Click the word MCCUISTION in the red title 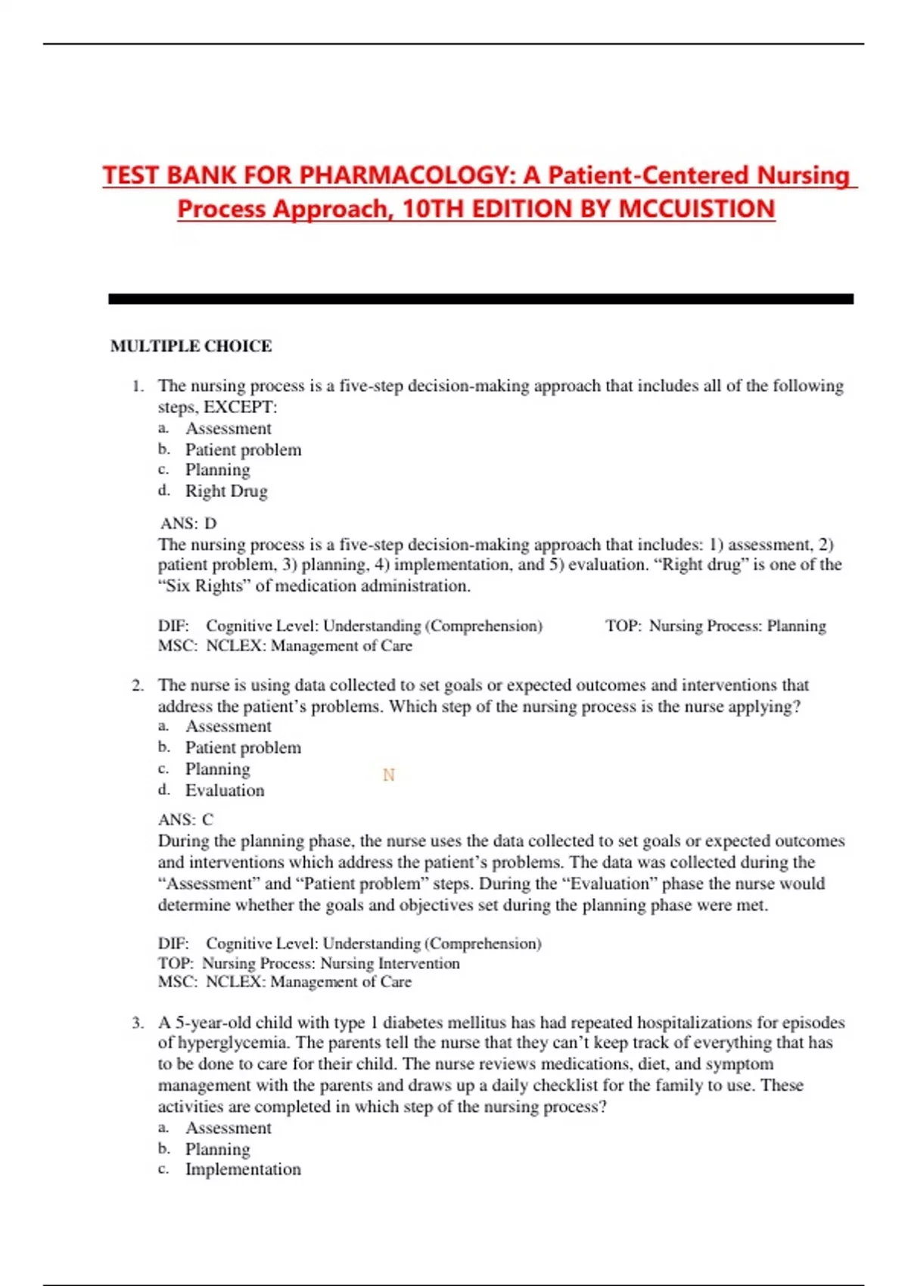(696, 209)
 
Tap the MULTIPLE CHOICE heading (191, 346)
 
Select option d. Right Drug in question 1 (226, 491)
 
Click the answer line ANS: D (188, 523)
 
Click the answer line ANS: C (186, 820)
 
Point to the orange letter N (389, 775)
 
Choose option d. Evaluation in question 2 (225, 791)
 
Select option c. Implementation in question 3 (243, 1170)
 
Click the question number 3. (137, 1024)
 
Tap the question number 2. (137, 686)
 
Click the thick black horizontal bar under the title (480, 300)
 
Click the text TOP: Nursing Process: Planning (715, 626)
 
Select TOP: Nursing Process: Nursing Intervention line (309, 964)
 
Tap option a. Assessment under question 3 (228, 1128)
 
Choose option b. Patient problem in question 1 (243, 450)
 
